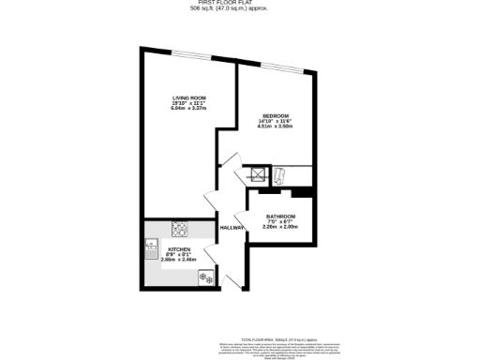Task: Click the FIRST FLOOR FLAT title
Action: point(240,3)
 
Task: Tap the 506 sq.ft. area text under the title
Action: point(240,9)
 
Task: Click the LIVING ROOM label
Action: point(188,98)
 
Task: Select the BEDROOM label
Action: point(276,116)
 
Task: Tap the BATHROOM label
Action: point(280,217)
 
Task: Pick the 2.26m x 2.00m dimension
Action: point(280,226)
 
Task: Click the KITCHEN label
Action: point(179,249)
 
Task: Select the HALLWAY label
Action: point(232,228)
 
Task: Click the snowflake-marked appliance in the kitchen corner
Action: point(203,277)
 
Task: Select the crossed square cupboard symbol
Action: point(255,172)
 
